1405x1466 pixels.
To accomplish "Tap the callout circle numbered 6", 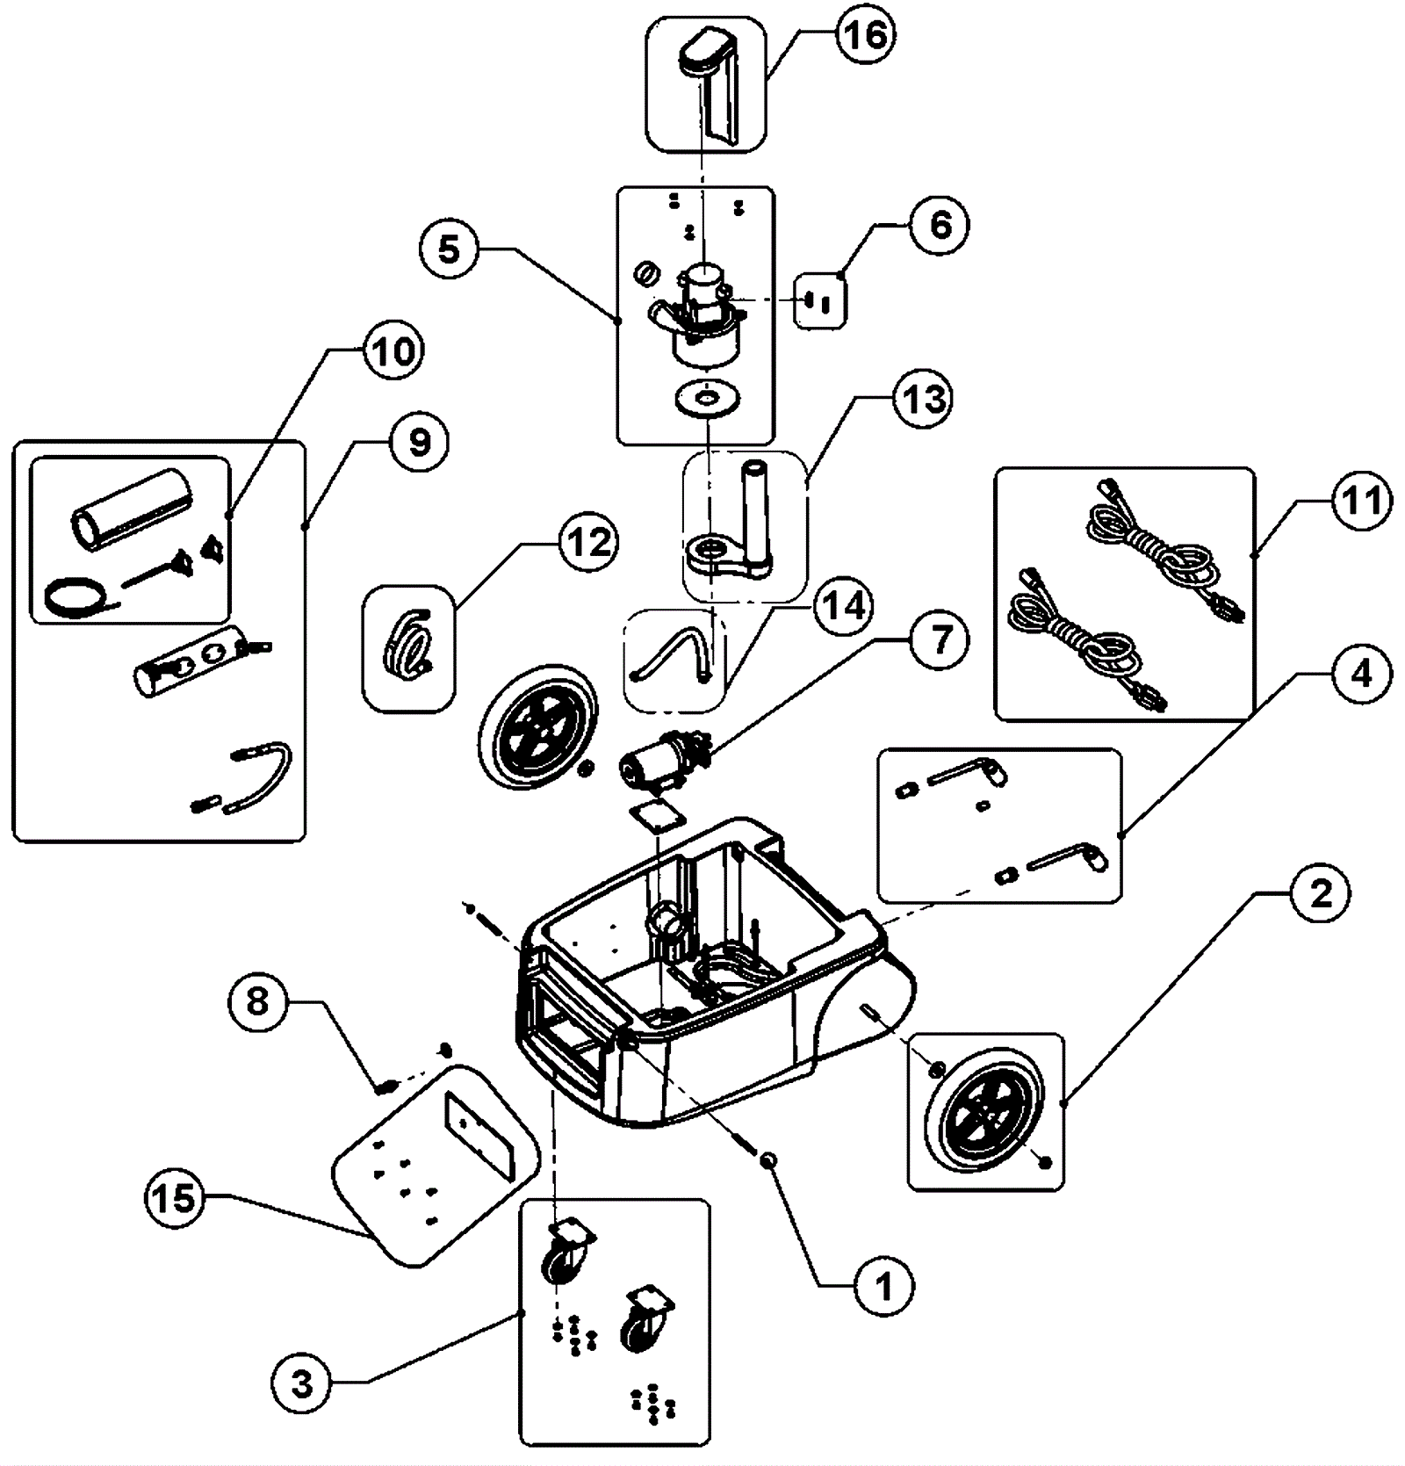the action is coord(939,225).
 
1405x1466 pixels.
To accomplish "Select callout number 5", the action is coord(448,249).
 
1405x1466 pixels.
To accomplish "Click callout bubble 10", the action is coord(392,351).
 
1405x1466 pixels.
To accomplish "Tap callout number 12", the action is coord(589,544).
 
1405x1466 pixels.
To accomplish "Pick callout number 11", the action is coord(1359,502).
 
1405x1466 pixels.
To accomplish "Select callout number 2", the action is coord(1321,892).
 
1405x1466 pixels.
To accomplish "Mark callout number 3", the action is coord(301,1384).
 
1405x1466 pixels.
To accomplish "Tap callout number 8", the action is coord(257,1001).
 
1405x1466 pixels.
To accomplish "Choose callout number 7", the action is coord(940,639).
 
